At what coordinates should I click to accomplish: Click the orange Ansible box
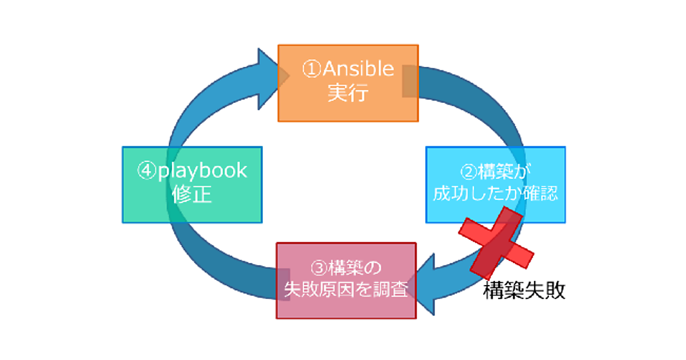click(348, 83)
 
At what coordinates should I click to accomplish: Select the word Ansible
click(359, 70)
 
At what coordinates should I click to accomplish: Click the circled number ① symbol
click(312, 70)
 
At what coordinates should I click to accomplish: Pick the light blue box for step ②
click(495, 184)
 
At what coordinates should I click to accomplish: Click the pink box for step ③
click(346, 280)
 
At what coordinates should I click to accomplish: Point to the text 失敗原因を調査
click(346, 290)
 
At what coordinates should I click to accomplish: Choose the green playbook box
click(192, 184)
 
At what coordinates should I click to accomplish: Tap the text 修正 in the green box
click(192, 195)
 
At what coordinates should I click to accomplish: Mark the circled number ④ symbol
click(146, 171)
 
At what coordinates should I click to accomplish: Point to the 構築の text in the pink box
click(355, 267)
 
